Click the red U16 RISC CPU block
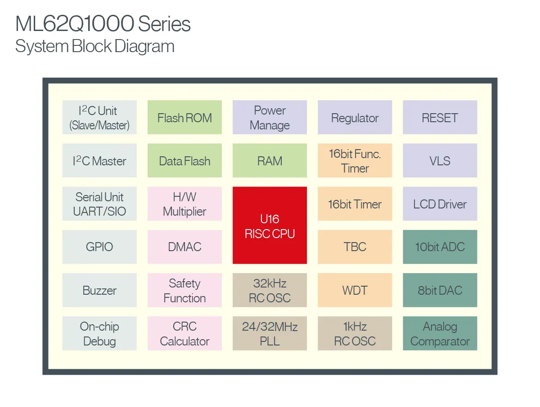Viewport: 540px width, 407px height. pyautogui.click(x=270, y=226)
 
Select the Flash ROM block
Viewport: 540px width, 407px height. pyautogui.click(x=184, y=118)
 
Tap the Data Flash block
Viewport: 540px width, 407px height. pyautogui.click(x=184, y=161)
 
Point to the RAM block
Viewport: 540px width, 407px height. pyautogui.click(x=270, y=161)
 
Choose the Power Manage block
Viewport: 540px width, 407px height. pyautogui.click(x=270, y=118)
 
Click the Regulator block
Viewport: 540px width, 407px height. pyautogui.click(x=355, y=118)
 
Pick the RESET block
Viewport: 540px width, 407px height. pyautogui.click(x=440, y=118)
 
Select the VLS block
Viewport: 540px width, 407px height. pyautogui.click(x=440, y=161)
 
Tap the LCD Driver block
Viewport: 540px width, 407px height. pyautogui.click(x=440, y=204)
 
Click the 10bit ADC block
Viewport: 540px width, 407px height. pyautogui.click(x=440, y=247)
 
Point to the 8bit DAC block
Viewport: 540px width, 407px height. pyautogui.click(x=440, y=290)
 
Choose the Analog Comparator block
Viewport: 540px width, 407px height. pyautogui.click(x=440, y=333)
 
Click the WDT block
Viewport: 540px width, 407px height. pyautogui.click(x=355, y=290)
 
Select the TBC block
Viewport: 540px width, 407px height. pyautogui.click(x=355, y=247)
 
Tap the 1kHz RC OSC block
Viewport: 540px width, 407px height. pyautogui.click(x=355, y=333)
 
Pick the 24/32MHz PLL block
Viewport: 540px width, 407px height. pyautogui.click(x=270, y=333)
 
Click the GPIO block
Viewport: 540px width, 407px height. pyautogui.click(x=99, y=247)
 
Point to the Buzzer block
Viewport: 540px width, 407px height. pyautogui.click(x=99, y=290)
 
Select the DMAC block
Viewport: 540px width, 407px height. pyautogui.click(x=184, y=247)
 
